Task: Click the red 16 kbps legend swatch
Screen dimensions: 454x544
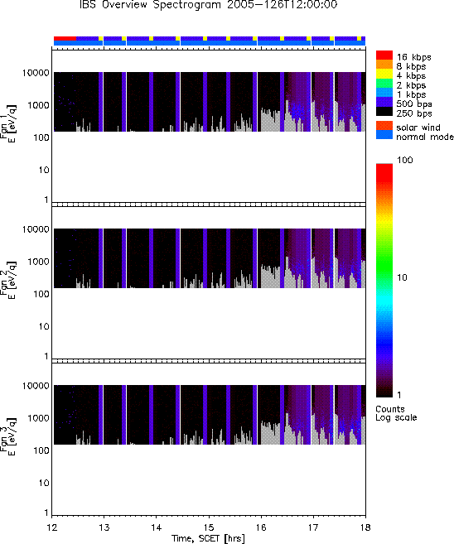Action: coord(384,55)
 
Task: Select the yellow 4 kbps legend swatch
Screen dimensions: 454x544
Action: coord(384,75)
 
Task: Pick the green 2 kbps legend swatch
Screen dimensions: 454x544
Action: coord(384,84)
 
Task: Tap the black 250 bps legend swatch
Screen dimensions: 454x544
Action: coord(384,112)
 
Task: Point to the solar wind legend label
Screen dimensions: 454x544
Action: coord(418,128)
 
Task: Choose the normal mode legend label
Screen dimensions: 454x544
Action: coord(425,137)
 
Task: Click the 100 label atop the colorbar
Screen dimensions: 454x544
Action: coord(405,160)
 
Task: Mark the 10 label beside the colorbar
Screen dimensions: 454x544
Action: coord(402,277)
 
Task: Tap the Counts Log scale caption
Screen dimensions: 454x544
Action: coord(396,413)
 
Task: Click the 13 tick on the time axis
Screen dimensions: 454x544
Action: coord(104,527)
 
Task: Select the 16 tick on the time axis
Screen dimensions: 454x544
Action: coord(261,527)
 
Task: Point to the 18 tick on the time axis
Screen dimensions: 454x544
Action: coord(365,527)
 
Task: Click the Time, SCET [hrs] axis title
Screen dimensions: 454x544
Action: coord(208,538)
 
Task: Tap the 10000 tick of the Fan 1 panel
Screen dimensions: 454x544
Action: coord(36,73)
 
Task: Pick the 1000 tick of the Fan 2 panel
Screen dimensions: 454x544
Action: coord(38,262)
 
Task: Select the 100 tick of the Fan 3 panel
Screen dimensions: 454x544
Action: coord(41,450)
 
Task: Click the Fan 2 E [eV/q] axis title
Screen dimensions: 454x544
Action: coord(8,280)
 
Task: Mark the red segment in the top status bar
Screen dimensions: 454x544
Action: coord(65,38)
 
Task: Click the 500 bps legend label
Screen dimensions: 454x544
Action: coord(414,104)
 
